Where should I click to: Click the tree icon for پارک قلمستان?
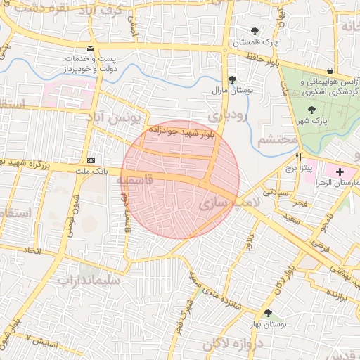(x=255, y=31)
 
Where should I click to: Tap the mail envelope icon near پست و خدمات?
(x=89, y=49)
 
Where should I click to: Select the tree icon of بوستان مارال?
(x=232, y=79)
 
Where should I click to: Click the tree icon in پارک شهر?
(x=311, y=109)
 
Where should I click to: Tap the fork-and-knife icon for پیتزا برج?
(x=300, y=157)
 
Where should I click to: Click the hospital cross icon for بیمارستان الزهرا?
(x=341, y=172)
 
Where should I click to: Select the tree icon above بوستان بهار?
(x=268, y=312)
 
